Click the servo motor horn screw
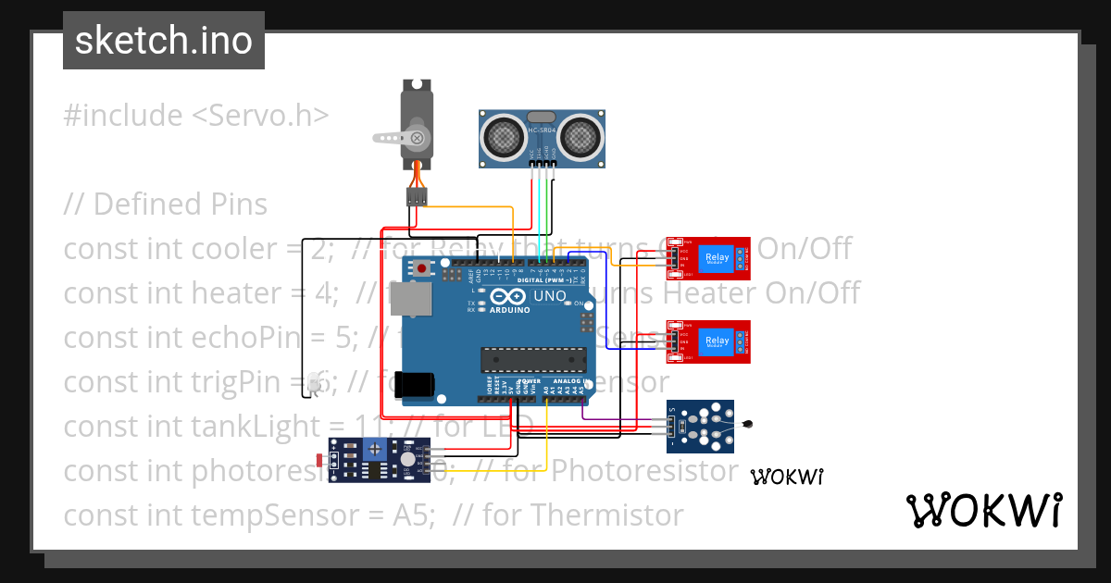[418, 138]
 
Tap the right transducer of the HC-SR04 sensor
[581, 137]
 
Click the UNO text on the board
[550, 297]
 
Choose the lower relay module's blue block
[718, 342]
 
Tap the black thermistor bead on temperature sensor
[749, 425]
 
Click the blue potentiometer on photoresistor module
[374, 450]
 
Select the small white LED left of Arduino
[314, 383]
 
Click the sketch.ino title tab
[164, 41]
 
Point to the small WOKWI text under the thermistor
[787, 477]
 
